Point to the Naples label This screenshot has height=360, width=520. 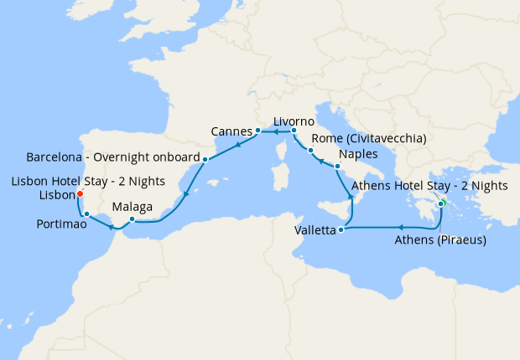pos(357,155)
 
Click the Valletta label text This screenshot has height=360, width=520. pos(315,230)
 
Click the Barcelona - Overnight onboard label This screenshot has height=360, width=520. pos(113,157)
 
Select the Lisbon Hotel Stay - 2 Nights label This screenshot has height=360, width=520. pos(88,181)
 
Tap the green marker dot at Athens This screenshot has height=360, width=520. pos(441,203)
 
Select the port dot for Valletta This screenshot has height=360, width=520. pos(341,229)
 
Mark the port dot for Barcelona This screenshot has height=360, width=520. pos(205,157)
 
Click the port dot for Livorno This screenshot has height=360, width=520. pos(294,131)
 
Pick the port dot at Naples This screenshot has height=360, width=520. pos(337,167)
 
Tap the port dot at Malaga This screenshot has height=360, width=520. pos(132,219)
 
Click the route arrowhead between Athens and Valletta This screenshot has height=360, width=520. pos(400,227)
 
